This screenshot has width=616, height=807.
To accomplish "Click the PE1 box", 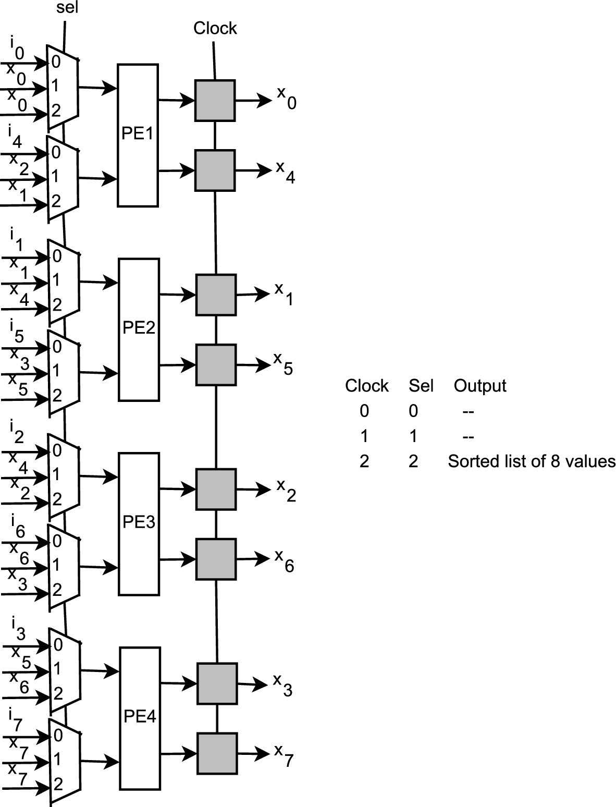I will (x=138, y=134).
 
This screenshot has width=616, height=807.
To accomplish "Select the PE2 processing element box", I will (x=139, y=329).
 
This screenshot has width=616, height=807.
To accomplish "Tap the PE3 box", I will (x=139, y=523).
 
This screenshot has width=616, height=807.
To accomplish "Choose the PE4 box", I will (x=139, y=718).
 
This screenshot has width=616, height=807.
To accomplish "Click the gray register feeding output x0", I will (x=215, y=100).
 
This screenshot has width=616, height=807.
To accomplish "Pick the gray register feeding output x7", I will (x=217, y=753).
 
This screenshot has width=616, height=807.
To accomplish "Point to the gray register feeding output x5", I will (x=216, y=364).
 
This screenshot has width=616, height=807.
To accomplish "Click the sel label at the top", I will (x=67, y=9).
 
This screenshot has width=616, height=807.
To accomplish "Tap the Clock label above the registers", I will (x=215, y=28).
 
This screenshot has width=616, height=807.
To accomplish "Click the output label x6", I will (x=285, y=560).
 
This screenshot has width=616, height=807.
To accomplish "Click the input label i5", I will (x=16, y=329).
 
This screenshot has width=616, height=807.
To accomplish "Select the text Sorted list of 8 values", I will (x=531, y=461).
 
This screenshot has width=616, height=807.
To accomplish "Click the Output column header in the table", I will (x=479, y=386).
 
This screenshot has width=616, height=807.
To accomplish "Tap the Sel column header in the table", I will (x=421, y=386).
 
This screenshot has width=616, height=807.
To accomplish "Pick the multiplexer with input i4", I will (x=62, y=177).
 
